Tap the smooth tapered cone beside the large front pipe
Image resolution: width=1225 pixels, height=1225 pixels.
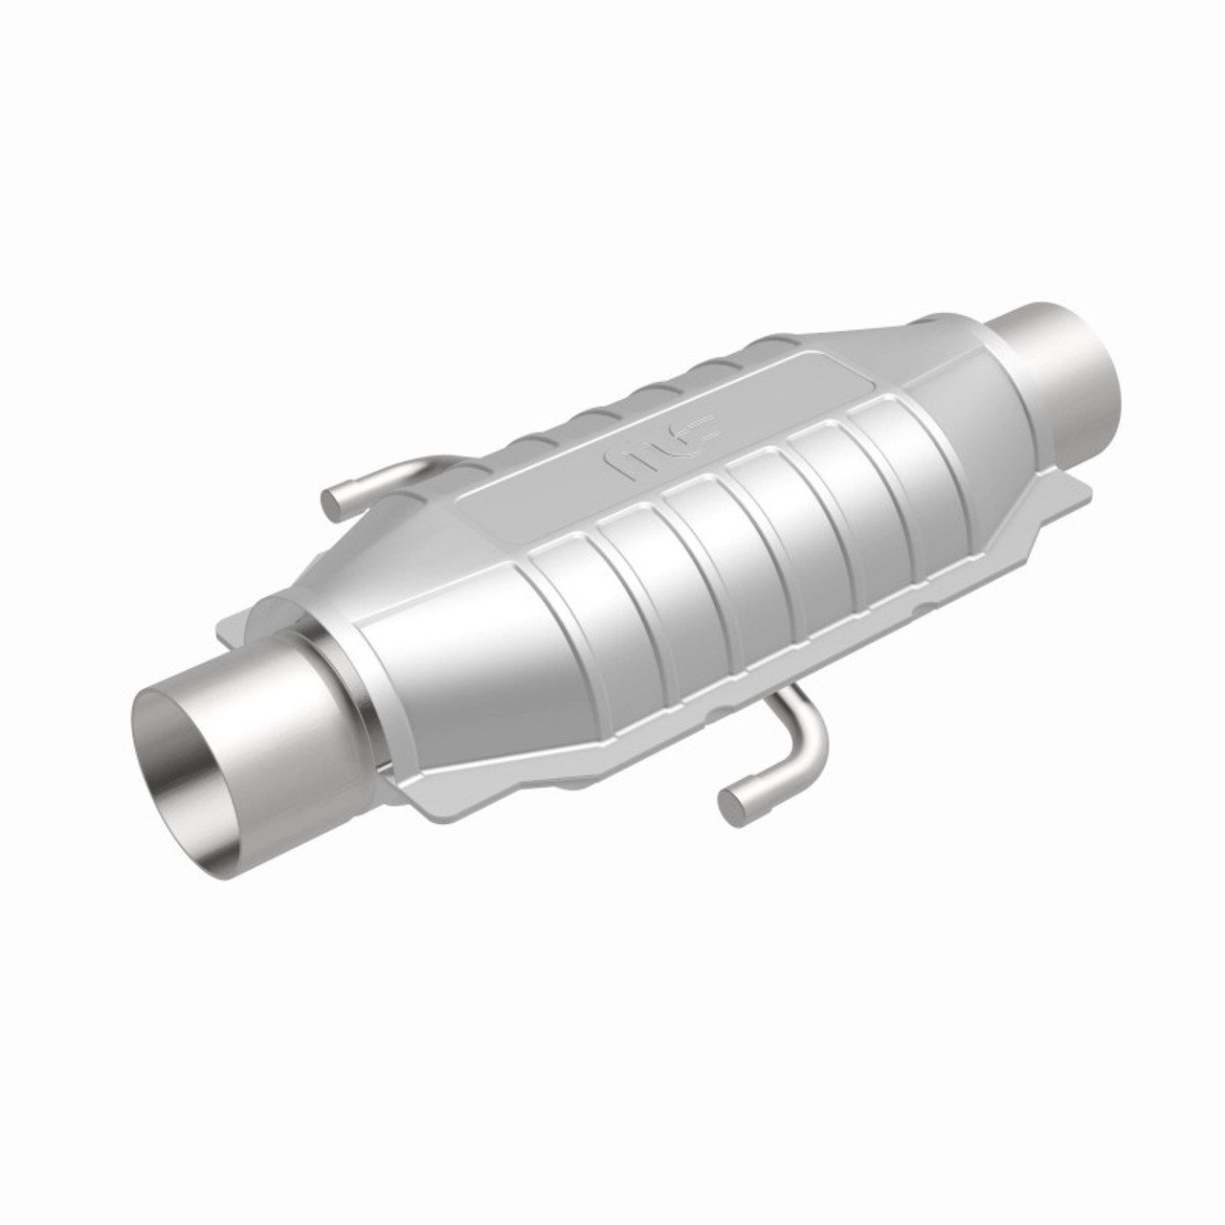[450, 689]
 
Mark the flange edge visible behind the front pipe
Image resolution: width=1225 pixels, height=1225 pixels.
[251, 622]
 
